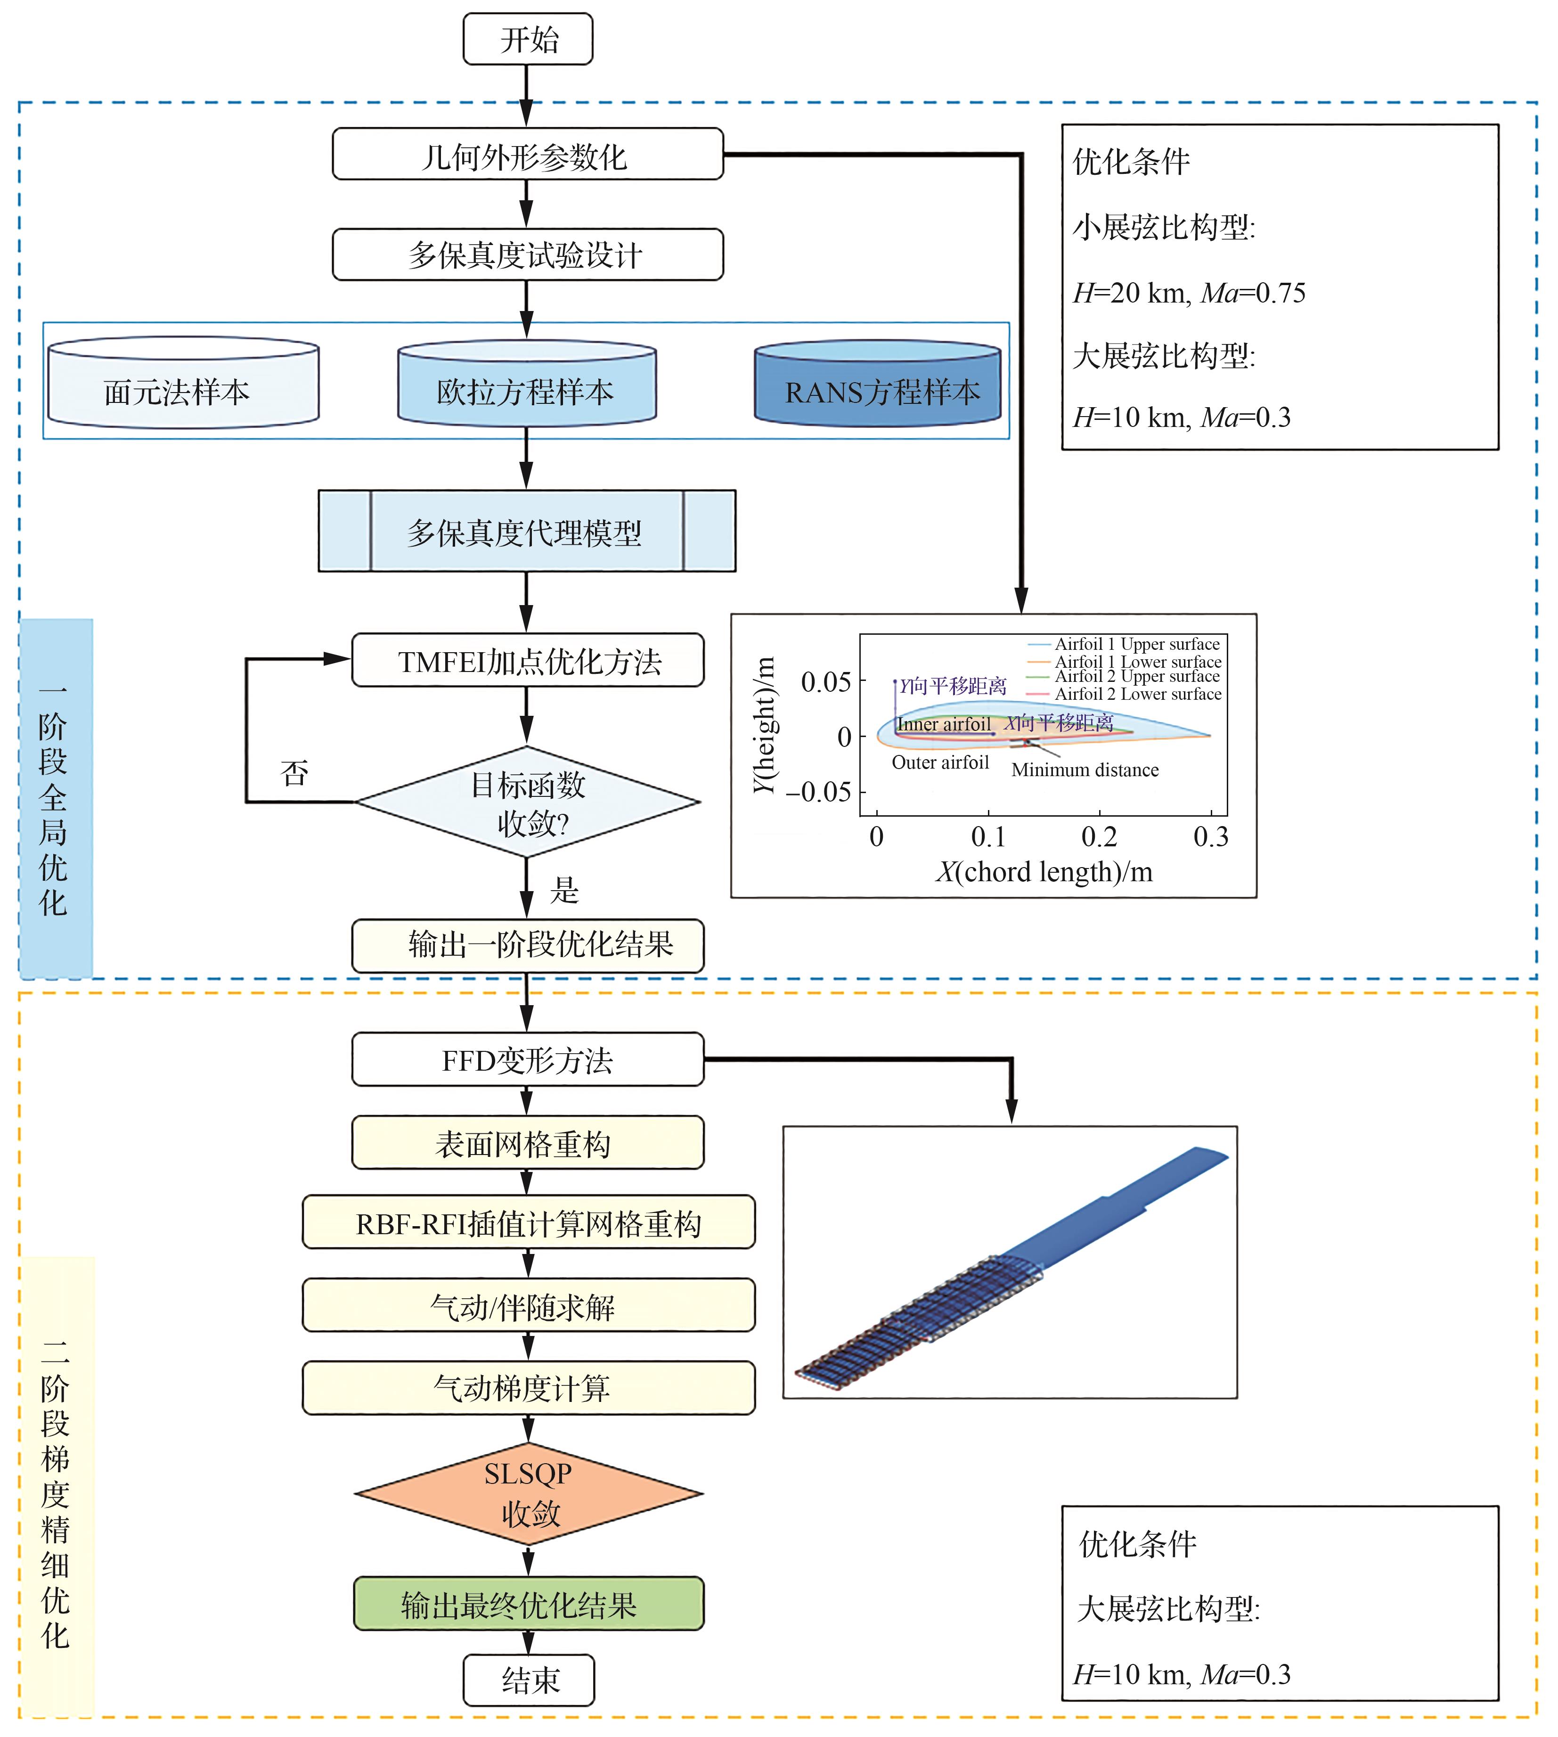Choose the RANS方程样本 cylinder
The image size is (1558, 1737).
pyautogui.click(x=877, y=385)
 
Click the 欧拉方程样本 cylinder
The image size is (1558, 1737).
pyautogui.click(x=526, y=385)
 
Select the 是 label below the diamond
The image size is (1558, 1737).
pyautogui.click(x=564, y=890)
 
